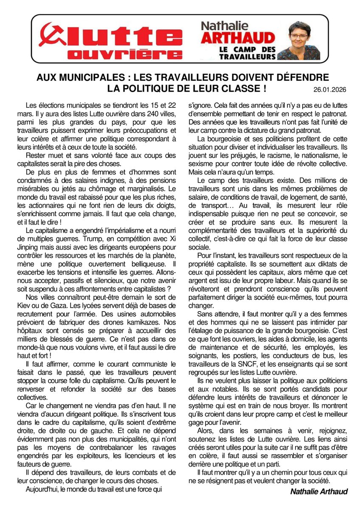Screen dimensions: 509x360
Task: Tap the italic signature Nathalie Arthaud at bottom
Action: [x=319, y=491]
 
